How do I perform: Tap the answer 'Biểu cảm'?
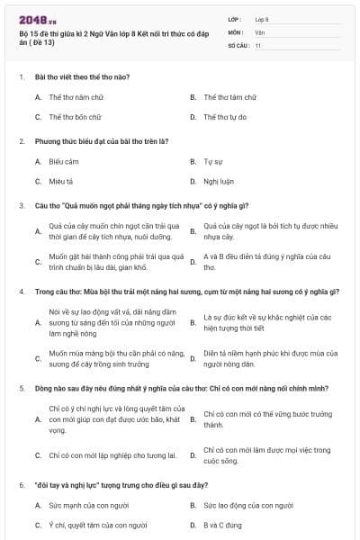(x=64, y=162)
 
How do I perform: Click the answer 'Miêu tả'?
(x=61, y=182)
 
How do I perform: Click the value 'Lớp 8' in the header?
(x=262, y=18)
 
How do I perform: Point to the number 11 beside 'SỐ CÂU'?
(x=257, y=45)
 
